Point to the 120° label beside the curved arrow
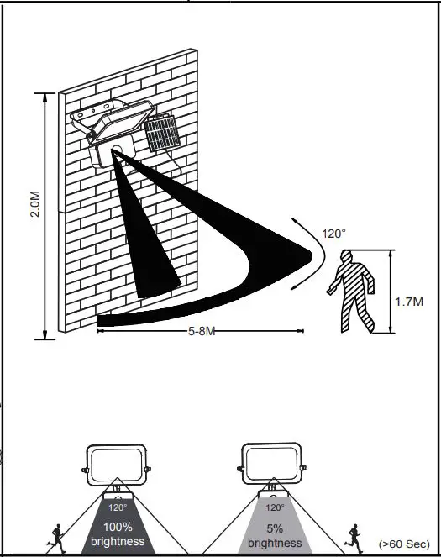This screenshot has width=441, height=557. click(x=333, y=234)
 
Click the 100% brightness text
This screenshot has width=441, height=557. click(x=117, y=536)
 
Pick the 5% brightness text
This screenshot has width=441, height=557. click(x=275, y=536)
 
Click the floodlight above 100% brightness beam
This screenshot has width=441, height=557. click(x=117, y=464)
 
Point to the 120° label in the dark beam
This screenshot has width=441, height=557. click(x=117, y=507)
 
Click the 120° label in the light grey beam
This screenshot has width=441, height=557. click(x=275, y=507)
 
